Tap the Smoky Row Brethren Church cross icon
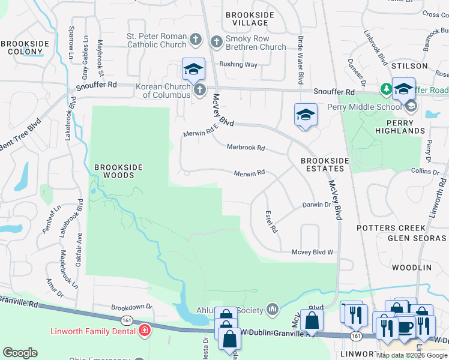coord(217,41)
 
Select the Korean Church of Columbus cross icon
coord(200,89)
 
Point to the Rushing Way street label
coord(238,64)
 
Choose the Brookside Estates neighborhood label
coord(325,165)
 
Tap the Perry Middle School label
coord(363,107)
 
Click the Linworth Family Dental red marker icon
coord(145,330)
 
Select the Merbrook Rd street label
coord(246,147)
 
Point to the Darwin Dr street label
coord(316,205)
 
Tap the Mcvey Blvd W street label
coord(312,253)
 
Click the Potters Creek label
coord(391,228)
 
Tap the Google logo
coord(20,353)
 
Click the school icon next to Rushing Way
coord(194,69)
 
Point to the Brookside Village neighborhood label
coord(250,19)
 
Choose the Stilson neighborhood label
coord(409,65)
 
